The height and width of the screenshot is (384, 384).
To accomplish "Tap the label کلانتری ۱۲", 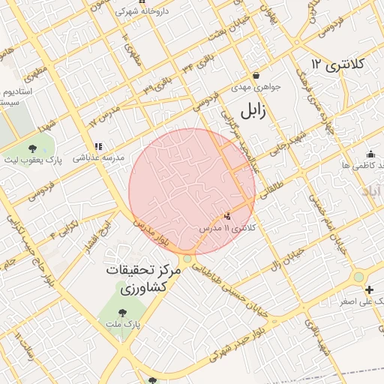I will pyautogui.click(x=337, y=64).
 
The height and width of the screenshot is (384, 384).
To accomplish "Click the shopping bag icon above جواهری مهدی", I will pyautogui.click(x=256, y=75).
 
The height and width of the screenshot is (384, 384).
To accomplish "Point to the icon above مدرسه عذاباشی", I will pyautogui.click(x=97, y=146).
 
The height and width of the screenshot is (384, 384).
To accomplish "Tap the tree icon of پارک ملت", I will pyautogui.click(x=123, y=311).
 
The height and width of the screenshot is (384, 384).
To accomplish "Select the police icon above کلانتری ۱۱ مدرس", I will pyautogui.click(x=227, y=216).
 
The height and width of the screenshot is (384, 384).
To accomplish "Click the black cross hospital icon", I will pyautogui.click(x=368, y=289).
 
